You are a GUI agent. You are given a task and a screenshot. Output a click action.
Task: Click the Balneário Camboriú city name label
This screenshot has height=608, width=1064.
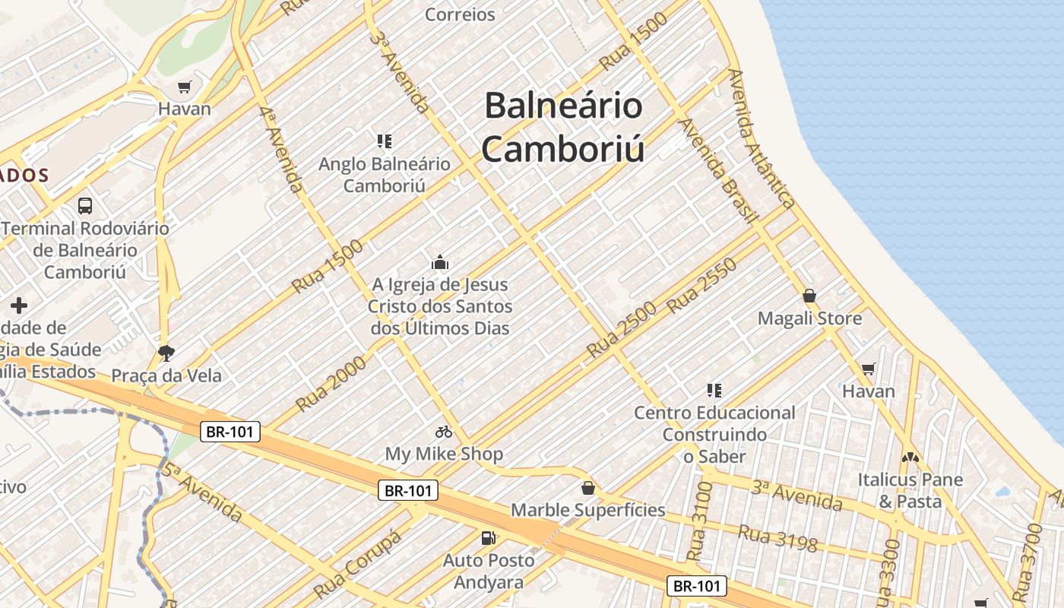point(563,126)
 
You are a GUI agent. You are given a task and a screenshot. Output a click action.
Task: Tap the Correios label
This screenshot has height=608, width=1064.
point(460,14)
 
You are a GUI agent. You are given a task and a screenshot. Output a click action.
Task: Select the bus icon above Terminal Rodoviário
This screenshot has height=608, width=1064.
point(85,206)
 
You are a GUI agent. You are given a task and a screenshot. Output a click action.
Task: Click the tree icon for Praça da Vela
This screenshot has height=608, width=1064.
point(165,353)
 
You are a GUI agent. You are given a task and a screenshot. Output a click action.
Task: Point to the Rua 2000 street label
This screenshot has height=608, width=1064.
point(331,384)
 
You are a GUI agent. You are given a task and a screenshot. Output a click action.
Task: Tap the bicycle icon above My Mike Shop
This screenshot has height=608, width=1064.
point(444,432)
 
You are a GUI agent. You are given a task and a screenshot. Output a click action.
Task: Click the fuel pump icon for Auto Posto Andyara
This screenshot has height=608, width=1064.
point(488,538)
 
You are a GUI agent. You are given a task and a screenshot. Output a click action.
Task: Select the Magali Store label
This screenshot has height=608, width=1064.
point(809,318)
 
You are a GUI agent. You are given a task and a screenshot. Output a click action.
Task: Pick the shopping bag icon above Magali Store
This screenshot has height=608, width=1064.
point(809,295)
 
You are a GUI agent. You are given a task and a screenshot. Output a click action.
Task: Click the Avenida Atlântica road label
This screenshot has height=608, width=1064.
point(761,138)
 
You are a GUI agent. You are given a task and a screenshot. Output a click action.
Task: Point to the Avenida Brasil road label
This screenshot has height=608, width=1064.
point(718,171)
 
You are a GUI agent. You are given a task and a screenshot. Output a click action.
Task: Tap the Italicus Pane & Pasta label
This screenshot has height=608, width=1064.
point(910,490)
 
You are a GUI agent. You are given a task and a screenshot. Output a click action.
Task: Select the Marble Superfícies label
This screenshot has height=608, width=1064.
point(587,510)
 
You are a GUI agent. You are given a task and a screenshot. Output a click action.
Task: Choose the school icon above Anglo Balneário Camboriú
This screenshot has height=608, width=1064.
point(384,141)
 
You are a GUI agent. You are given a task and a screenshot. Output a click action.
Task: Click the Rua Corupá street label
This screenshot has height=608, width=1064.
point(357,563)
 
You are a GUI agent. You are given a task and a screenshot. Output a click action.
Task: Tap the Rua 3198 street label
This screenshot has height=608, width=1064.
point(777,538)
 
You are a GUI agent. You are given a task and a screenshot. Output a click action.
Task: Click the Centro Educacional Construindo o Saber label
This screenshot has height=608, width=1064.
point(714,434)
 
